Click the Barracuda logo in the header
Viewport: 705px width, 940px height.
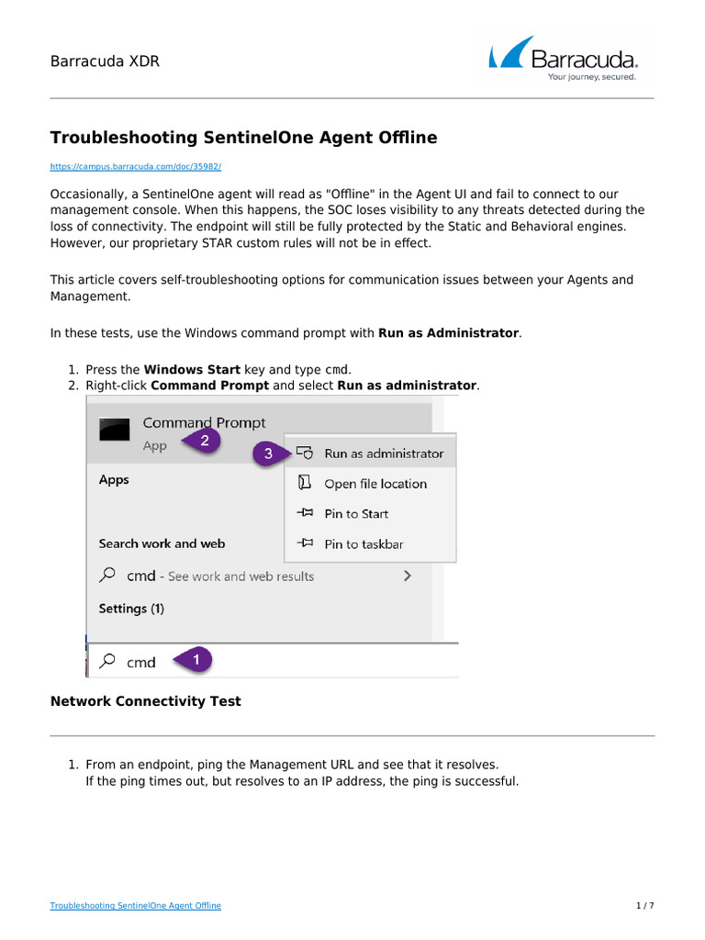pyautogui.click(x=563, y=58)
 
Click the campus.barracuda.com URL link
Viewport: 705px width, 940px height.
pyautogui.click(x=135, y=167)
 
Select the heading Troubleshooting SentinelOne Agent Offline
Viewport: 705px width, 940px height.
pyautogui.click(x=243, y=138)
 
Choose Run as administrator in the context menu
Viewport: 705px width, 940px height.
pyautogui.click(x=383, y=453)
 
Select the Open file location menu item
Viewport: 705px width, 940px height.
pyautogui.click(x=375, y=484)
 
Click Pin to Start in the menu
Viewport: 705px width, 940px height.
pyautogui.click(x=355, y=514)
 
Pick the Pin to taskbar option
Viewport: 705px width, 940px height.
pyautogui.click(x=363, y=544)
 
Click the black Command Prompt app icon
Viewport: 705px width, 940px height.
pyautogui.click(x=115, y=430)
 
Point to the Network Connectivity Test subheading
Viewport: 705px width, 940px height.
pyautogui.click(x=145, y=701)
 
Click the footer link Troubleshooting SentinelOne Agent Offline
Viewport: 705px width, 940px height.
pyautogui.click(x=135, y=906)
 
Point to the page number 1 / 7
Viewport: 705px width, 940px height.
pyautogui.click(x=644, y=906)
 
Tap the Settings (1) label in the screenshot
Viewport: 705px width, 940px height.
pyautogui.click(x=131, y=609)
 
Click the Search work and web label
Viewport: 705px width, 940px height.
pyautogui.click(x=162, y=543)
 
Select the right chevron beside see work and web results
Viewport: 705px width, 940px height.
pyautogui.click(x=407, y=576)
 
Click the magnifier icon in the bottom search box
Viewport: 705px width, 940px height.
pyautogui.click(x=108, y=661)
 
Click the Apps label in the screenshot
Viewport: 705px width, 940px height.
pyautogui.click(x=114, y=480)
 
